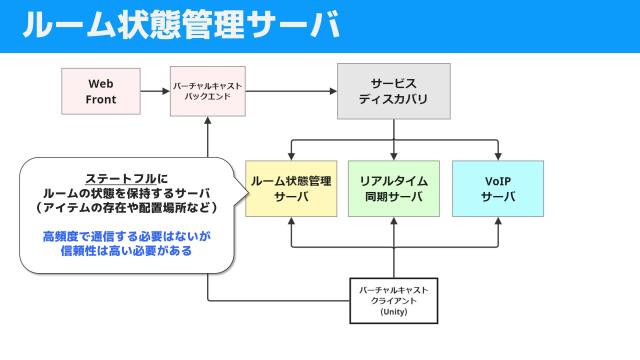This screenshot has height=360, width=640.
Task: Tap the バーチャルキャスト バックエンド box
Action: coord(207,91)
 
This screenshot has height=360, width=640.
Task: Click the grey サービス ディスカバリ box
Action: coord(393,91)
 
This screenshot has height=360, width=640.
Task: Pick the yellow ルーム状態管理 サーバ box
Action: coord(291,188)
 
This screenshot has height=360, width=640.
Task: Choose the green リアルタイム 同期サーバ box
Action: coord(393,188)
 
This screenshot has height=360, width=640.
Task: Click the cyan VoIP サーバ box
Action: coord(498,188)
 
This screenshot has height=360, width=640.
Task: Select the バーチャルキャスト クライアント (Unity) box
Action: coord(393,300)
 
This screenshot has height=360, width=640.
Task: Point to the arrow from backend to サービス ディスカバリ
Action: coord(290,91)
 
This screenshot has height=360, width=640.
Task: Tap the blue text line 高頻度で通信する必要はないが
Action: coord(126,236)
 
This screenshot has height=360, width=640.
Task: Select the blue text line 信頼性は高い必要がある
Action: coord(126,252)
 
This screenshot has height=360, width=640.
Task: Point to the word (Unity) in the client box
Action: coord(393,313)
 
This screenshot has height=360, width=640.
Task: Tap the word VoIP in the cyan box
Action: coord(498,180)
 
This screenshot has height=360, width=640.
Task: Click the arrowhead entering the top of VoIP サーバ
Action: coord(497,155)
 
